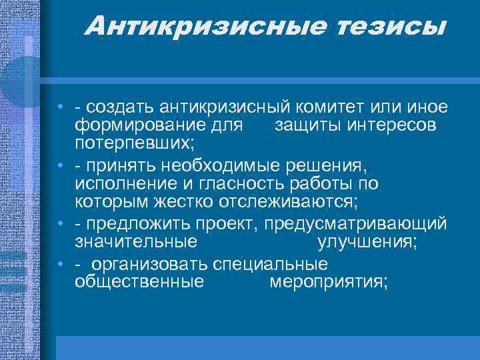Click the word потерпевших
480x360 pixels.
[x=133, y=141]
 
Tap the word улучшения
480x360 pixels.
[x=367, y=241]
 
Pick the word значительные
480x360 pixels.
[x=137, y=241]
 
